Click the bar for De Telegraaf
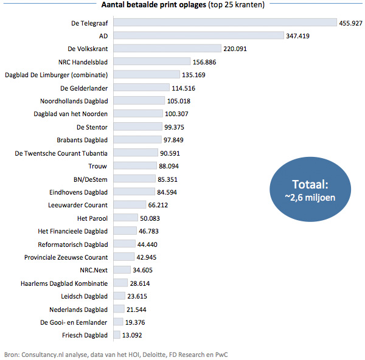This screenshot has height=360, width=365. pos(224,22)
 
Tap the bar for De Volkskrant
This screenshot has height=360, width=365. pos(167,49)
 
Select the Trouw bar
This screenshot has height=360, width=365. pos(134,165)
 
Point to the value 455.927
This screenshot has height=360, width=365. pos(351,22)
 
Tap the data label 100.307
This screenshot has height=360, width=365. pos(176,114)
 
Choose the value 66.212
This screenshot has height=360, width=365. pos(159,205)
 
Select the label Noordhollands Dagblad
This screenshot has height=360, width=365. pos(74,101)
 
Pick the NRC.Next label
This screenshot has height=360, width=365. pos(93,270)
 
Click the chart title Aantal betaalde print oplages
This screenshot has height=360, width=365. pos(153,6)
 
